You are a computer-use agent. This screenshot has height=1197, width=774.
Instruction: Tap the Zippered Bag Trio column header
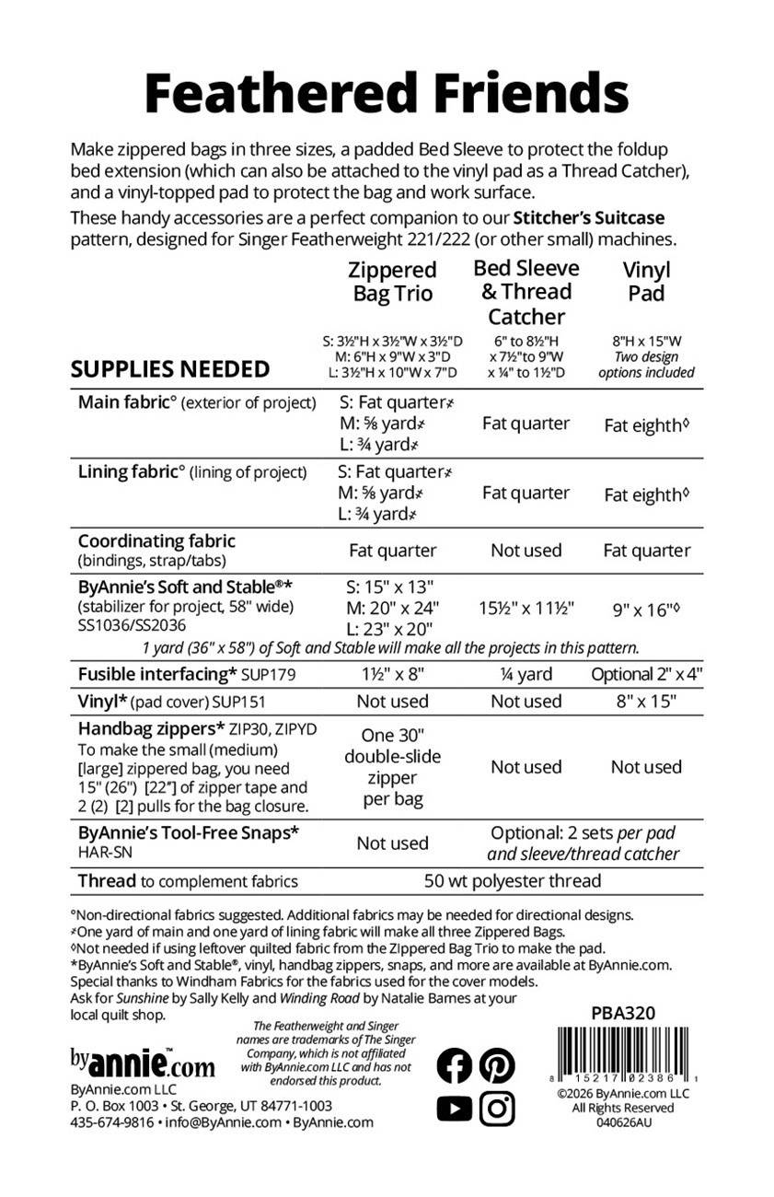tap(393, 282)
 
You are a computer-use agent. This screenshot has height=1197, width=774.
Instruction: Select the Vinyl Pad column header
tap(647, 282)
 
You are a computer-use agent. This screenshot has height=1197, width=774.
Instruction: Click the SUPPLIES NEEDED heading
tap(170, 369)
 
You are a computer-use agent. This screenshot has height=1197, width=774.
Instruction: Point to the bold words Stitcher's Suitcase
tap(588, 218)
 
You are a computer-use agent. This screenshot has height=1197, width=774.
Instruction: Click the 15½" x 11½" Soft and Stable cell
tap(526, 609)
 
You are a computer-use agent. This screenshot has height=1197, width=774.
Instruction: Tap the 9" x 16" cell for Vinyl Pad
tap(647, 609)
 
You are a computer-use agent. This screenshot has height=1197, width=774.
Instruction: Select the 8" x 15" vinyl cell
tap(647, 701)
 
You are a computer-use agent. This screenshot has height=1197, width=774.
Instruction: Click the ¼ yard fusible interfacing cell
tap(526, 674)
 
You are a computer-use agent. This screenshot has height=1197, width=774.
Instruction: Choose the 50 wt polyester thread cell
tap(513, 881)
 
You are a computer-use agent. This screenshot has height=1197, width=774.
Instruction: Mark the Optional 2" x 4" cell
tap(647, 674)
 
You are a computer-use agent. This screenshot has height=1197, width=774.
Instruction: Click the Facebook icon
tap(454, 1065)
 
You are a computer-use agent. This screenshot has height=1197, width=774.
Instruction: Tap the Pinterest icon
tap(497, 1065)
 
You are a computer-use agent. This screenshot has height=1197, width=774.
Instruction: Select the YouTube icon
tap(454, 1108)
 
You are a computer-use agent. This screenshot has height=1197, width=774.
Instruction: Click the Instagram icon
tap(497, 1108)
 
